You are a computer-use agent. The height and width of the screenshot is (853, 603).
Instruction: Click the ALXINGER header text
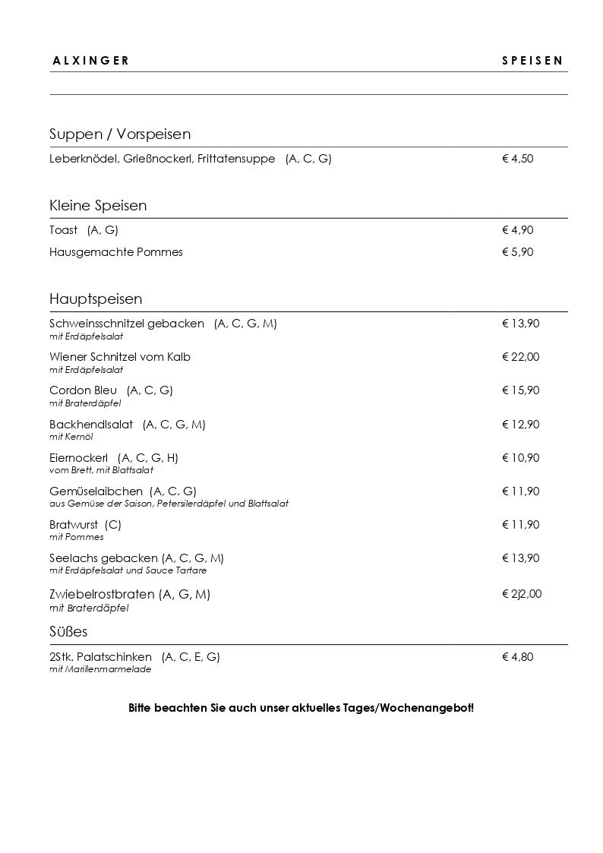point(90,62)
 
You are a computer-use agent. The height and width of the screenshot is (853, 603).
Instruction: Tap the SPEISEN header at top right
point(532,62)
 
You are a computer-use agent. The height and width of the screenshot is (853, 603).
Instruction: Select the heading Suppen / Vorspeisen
point(120,134)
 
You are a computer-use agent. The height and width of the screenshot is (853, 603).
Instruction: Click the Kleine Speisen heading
point(98,206)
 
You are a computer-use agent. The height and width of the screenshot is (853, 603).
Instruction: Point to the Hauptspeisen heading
point(96,299)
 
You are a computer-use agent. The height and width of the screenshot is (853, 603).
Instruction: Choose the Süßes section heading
point(70,632)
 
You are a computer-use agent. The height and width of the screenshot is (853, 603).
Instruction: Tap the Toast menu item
point(64,230)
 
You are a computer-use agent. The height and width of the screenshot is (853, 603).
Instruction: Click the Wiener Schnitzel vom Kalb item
point(120,357)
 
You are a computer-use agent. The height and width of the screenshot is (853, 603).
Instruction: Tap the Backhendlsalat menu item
point(91,424)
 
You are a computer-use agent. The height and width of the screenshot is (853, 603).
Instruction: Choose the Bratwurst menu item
point(75,524)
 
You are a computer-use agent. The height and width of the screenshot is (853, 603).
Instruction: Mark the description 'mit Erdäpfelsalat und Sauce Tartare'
point(128,570)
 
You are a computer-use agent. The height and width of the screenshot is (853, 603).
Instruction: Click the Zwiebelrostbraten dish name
point(103,594)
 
